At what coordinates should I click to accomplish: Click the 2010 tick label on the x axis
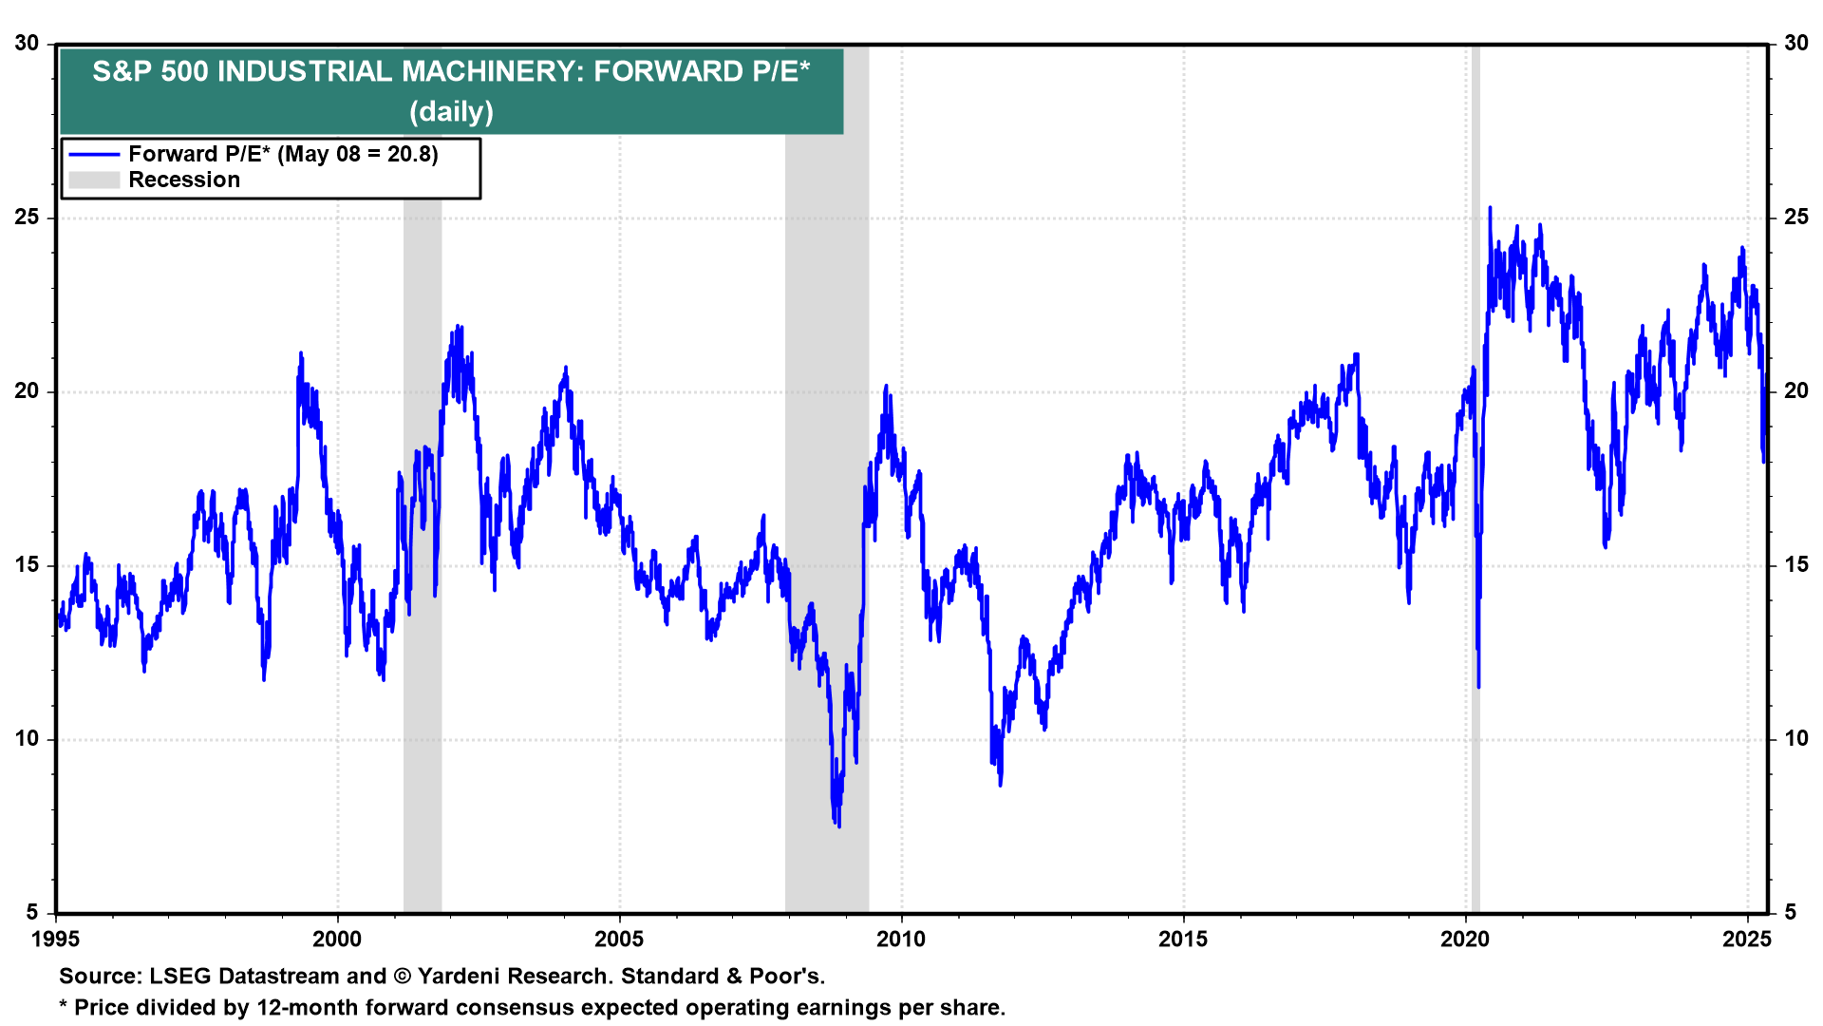pos(901,940)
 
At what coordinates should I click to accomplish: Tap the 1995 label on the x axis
pos(55,940)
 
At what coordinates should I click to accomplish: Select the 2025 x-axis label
pos(1747,940)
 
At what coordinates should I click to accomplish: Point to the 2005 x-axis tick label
pos(619,940)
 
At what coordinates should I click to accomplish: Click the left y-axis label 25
pos(28,218)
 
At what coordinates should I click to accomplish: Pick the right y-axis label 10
pos(1795,739)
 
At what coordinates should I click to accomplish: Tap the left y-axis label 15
pos(28,565)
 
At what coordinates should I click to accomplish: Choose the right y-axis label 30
pos(1795,44)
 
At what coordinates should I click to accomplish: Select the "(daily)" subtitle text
pos(452,112)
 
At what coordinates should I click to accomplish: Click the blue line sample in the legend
pos(94,155)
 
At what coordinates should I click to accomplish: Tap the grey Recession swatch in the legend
pos(94,180)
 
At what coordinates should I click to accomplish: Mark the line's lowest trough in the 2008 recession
pos(838,825)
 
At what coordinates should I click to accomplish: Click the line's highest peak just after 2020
pos(1490,208)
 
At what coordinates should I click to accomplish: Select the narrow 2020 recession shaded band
pos(1475,570)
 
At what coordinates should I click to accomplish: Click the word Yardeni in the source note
pos(458,977)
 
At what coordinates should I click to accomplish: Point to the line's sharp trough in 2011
pos(1001,784)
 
